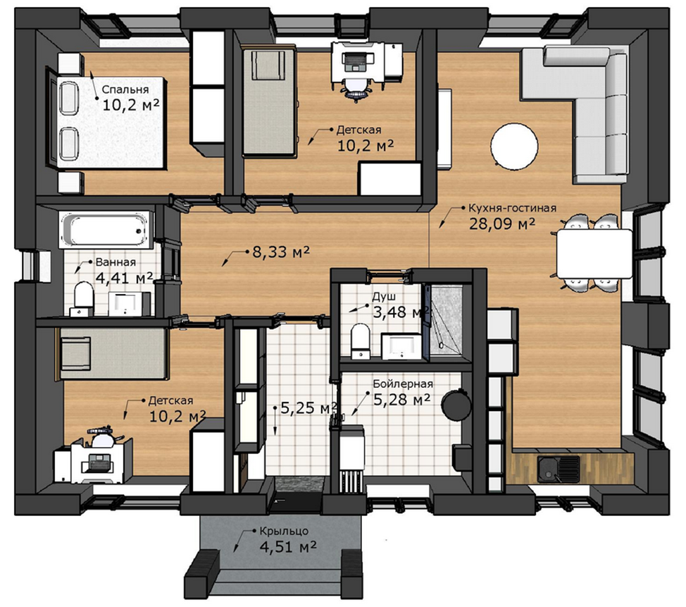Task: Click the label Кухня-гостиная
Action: (x=512, y=208)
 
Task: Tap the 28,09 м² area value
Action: (x=502, y=223)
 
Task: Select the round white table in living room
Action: (x=514, y=146)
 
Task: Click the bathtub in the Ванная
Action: (x=107, y=230)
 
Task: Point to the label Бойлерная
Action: (x=403, y=384)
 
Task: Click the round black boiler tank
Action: (x=456, y=403)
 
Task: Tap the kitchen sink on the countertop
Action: (x=559, y=469)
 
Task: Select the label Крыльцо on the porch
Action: (x=284, y=532)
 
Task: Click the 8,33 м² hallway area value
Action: (x=281, y=252)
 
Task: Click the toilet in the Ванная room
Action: (x=82, y=298)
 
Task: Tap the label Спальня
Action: (x=125, y=90)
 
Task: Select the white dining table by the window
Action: (x=594, y=253)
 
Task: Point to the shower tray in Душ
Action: (x=447, y=319)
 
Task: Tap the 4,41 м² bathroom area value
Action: (x=124, y=278)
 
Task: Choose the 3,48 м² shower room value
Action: (x=400, y=312)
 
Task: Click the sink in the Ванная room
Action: (x=126, y=303)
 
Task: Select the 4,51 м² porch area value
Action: (x=288, y=547)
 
